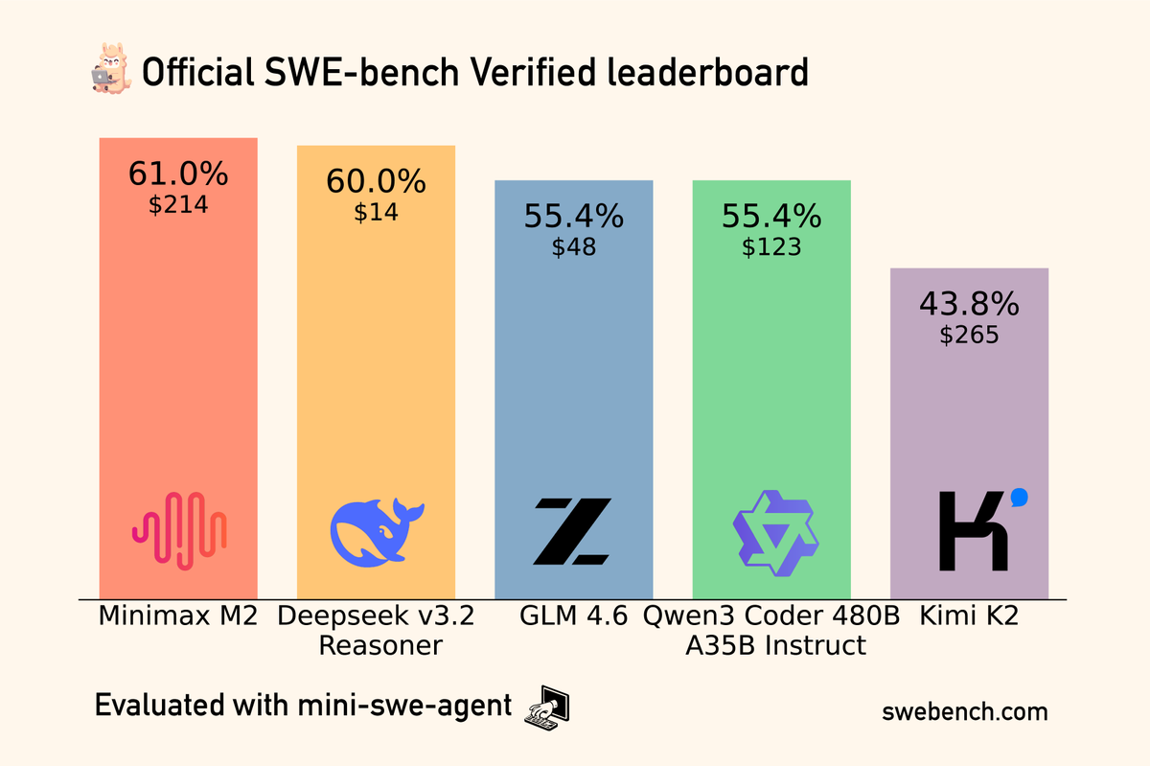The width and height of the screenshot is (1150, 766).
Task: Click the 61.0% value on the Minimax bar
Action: click(178, 174)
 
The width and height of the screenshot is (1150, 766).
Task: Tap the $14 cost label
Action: click(376, 213)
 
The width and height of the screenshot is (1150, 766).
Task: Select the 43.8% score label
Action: click(969, 304)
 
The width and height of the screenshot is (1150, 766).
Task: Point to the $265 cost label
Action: click(969, 336)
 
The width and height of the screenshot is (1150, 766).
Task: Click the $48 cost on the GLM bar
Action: click(573, 247)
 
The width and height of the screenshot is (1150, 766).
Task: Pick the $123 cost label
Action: click(770, 247)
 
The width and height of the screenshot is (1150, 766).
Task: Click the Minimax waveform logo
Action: click(179, 530)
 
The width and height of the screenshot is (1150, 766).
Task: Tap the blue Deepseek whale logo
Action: click(376, 530)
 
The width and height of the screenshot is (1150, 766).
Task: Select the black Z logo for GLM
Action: click(572, 530)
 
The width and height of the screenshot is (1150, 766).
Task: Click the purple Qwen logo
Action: click(771, 532)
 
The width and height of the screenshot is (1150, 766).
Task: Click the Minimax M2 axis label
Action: click(178, 616)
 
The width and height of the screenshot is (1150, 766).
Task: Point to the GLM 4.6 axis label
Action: click(572, 616)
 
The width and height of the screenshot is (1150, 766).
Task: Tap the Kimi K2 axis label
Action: click(968, 616)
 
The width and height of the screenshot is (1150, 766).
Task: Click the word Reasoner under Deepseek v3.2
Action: click(380, 645)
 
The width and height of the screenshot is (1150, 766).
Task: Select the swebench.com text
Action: click(964, 712)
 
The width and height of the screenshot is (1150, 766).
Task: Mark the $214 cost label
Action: click(178, 205)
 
